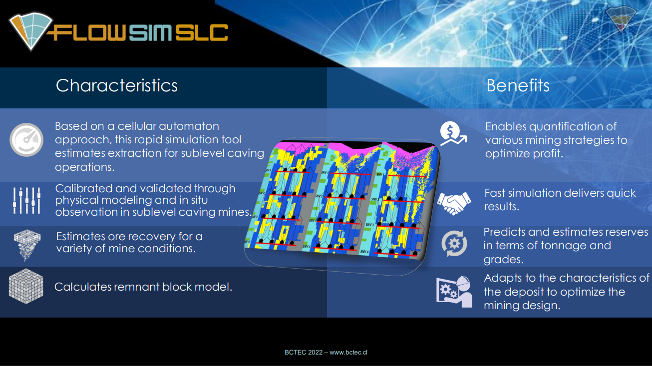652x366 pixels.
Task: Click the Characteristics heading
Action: pyautogui.click(x=116, y=85)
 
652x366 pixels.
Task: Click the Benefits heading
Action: pyautogui.click(x=518, y=85)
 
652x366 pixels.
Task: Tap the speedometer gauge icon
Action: pyautogui.click(x=26, y=139)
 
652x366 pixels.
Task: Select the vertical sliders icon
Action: pyautogui.click(x=26, y=200)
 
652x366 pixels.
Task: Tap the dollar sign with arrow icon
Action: pyautogui.click(x=452, y=134)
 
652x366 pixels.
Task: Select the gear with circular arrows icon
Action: pyautogui.click(x=454, y=244)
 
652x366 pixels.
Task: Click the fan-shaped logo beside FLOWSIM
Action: pyautogui.click(x=30, y=31)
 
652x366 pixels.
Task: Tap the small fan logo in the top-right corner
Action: pyautogui.click(x=622, y=20)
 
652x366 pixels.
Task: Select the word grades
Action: pyautogui.click(x=503, y=259)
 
